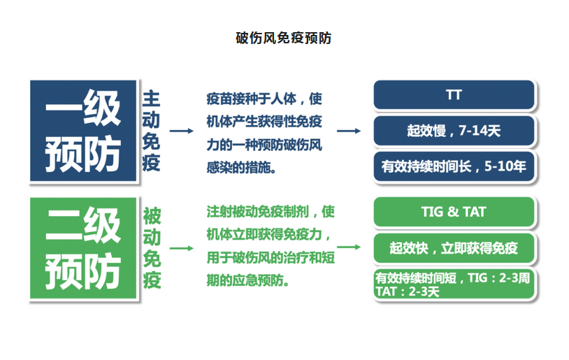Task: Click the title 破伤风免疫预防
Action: [283, 38]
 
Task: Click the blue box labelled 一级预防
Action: [83, 131]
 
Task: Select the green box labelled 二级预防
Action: [83, 248]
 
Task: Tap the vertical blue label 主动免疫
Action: [151, 131]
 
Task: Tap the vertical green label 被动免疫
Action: [152, 248]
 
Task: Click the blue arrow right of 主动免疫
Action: [182, 131]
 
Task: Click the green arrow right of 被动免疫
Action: [182, 248]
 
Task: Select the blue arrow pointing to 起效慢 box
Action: [349, 131]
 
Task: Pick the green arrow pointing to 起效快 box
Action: [349, 247]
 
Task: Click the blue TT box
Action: [454, 94]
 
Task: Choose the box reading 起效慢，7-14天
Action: [454, 131]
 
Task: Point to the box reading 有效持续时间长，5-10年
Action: [454, 166]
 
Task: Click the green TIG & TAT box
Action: [454, 212]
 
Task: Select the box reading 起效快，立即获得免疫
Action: [454, 248]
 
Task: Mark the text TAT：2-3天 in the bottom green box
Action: [408, 291]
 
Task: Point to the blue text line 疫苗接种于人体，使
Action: [264, 99]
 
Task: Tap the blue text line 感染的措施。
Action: [241, 168]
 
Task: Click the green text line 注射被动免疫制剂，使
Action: [271, 212]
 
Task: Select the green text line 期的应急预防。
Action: [248, 280]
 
